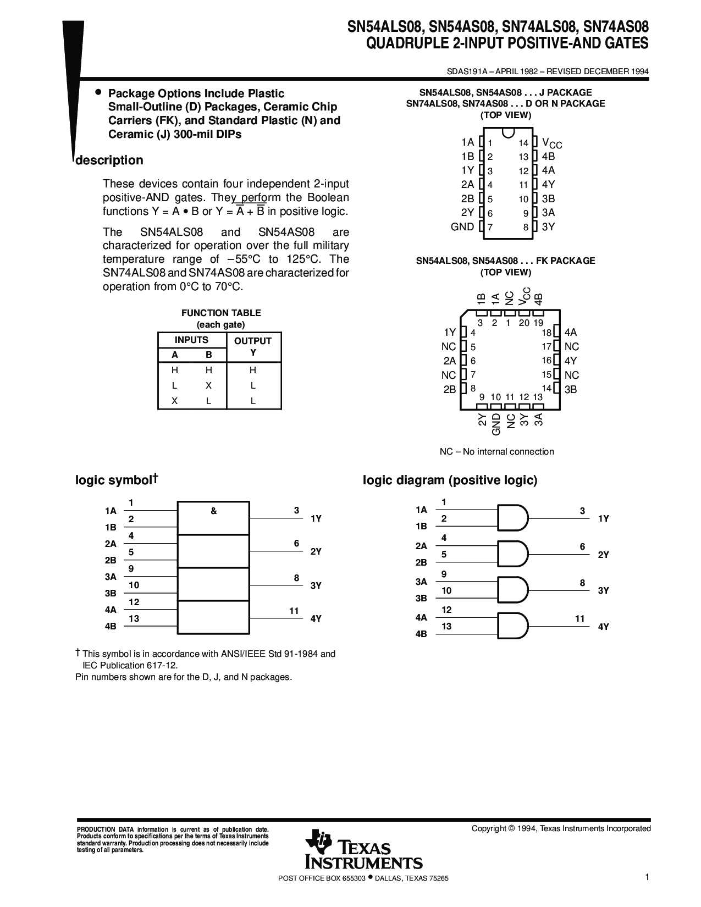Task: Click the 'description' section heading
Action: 109,161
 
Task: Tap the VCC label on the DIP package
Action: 551,143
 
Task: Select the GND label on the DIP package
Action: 462,226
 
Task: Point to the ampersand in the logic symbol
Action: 213,511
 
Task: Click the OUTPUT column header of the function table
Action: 253,341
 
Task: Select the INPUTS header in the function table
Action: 191,340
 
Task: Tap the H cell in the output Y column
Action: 253,370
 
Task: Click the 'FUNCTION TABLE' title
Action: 221,313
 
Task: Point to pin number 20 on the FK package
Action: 524,323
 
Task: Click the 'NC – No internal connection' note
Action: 496,452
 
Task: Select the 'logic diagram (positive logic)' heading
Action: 450,480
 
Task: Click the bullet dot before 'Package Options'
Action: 98,92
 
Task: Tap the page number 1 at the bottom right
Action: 648,878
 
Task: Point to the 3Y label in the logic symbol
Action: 316,585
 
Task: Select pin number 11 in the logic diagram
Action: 579,618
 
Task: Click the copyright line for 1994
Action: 561,828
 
